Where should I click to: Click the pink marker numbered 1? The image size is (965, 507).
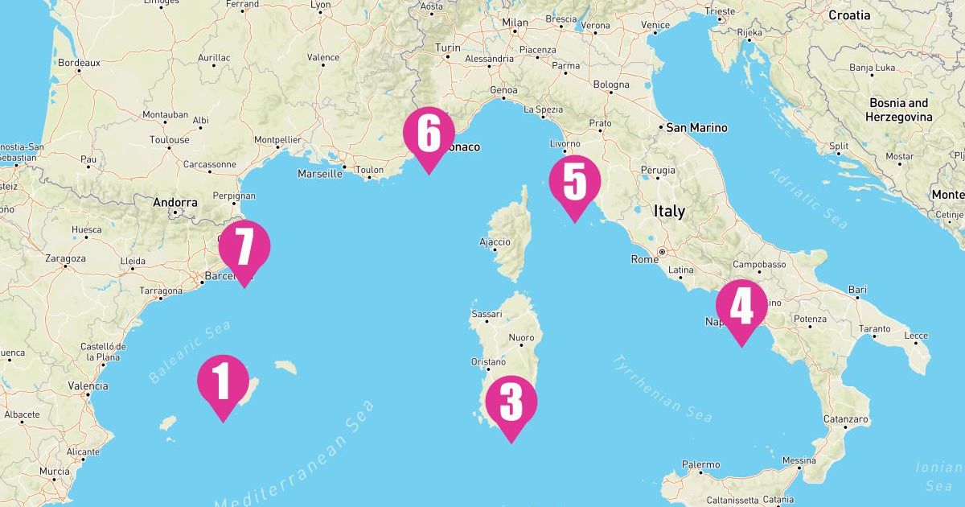[223, 381]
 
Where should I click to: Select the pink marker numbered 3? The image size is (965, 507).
[511, 402]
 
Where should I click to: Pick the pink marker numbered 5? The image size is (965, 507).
[575, 183]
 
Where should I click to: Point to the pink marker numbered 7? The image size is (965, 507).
[244, 247]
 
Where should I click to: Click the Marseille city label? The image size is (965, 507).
[320, 173]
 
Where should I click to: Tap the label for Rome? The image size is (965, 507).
[644, 259]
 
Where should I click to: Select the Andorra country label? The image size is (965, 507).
[175, 203]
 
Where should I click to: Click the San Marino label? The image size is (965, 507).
[696, 127]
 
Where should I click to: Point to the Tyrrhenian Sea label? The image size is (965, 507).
[663, 388]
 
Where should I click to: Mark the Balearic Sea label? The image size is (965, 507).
[190, 351]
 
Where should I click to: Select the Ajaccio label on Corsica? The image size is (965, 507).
[494, 241]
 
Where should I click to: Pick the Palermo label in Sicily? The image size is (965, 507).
[700, 464]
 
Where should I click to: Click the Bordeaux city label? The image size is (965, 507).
[79, 62]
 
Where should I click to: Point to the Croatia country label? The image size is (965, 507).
[849, 14]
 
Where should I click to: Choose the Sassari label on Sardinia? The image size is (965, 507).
[486, 314]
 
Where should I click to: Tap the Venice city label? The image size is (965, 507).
[655, 25]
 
